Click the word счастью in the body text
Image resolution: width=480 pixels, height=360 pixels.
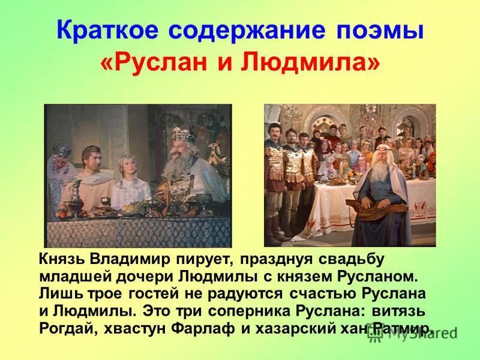click(325, 294)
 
